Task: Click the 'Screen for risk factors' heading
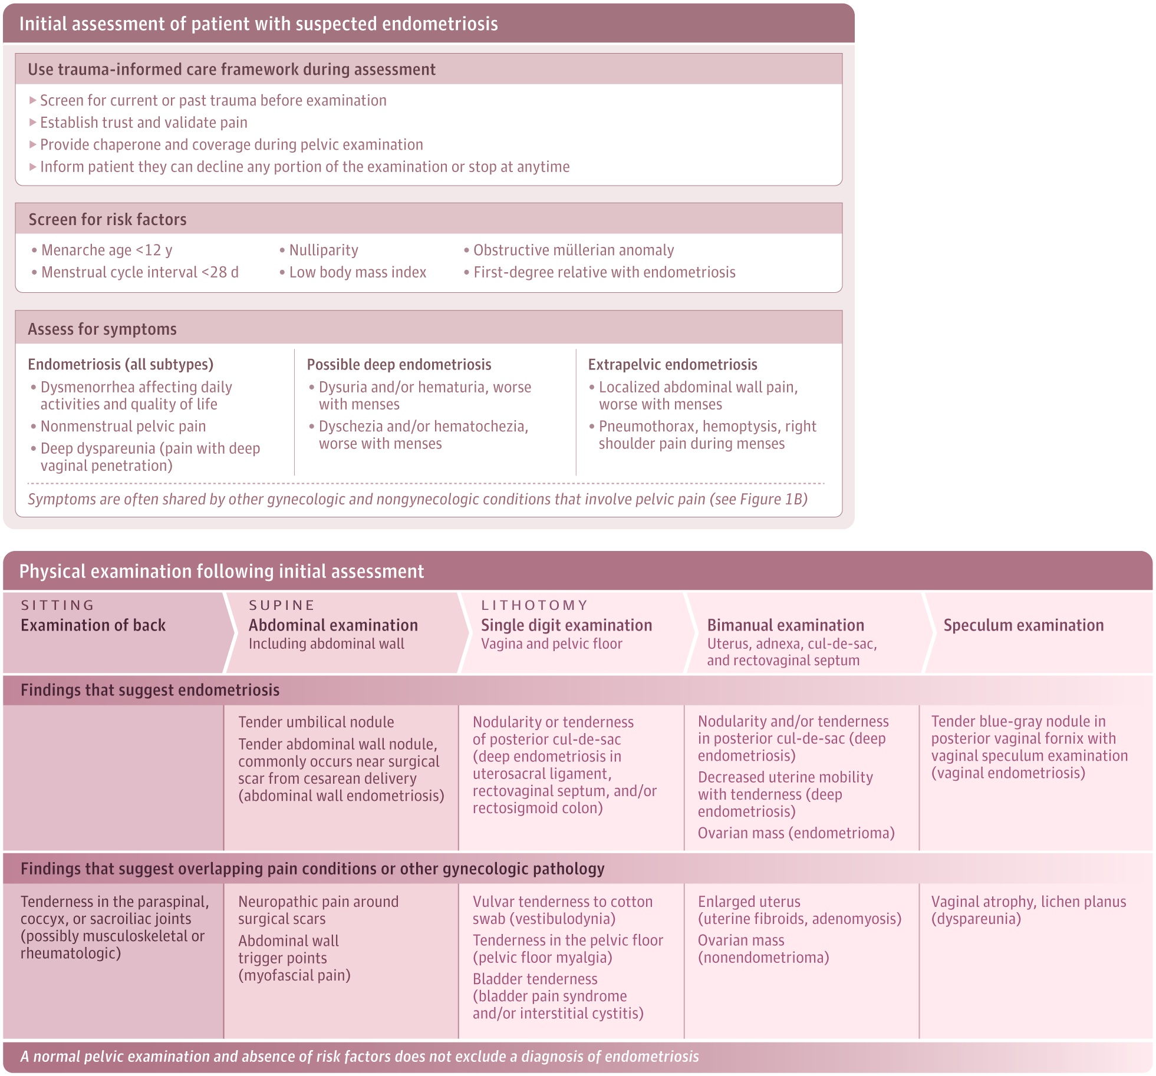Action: tap(107, 220)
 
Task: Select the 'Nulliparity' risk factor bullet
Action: tap(323, 250)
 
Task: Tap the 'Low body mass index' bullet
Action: tap(357, 272)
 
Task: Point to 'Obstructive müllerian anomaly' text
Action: tap(573, 250)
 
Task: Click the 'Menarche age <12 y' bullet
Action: tap(106, 250)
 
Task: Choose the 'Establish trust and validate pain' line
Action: tap(143, 123)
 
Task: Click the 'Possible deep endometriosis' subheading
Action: tap(399, 365)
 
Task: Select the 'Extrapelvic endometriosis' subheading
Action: tap(673, 365)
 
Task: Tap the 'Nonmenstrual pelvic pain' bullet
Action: tap(123, 427)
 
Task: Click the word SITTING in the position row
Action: tap(58, 605)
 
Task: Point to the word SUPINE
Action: tap(282, 605)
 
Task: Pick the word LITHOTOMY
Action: tap(535, 605)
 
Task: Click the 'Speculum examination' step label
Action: tap(1023, 625)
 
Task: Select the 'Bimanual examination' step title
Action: tap(785, 625)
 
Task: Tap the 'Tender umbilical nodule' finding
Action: tap(316, 722)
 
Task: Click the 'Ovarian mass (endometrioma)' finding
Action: tap(796, 833)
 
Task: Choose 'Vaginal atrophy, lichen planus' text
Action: tap(1028, 902)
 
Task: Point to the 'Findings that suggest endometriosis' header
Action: tap(150, 690)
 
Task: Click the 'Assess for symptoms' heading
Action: tap(102, 329)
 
